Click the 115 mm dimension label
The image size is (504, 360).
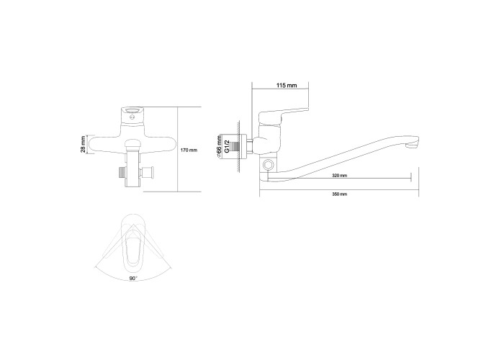[287, 86]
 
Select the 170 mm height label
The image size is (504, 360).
[189, 150]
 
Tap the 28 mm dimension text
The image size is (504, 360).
[84, 144]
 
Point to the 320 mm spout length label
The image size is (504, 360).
[339, 176]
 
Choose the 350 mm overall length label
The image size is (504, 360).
[339, 194]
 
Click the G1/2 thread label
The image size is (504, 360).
[227, 146]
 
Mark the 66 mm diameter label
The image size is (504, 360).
[219, 147]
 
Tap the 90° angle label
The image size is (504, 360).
[133, 279]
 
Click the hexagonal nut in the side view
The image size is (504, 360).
[268, 166]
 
